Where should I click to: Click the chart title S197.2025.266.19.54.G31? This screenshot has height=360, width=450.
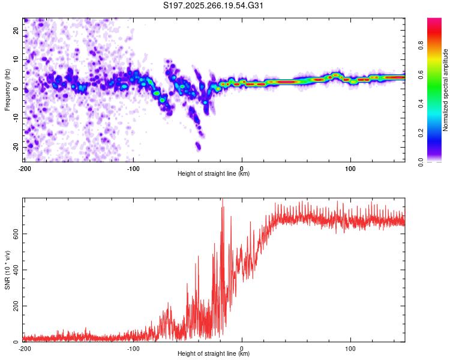[214, 6]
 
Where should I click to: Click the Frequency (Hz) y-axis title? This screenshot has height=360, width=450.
[7, 89]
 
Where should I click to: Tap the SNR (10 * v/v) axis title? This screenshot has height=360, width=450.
[7, 269]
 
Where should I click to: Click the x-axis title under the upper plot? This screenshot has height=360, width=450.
[214, 173]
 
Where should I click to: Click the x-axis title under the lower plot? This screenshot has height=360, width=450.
[214, 353]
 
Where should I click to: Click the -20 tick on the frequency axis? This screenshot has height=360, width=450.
[14, 147]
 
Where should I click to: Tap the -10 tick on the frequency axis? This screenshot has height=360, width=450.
[14, 118]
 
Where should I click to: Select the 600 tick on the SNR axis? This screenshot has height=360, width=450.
[13, 233]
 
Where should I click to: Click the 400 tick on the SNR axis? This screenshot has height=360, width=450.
[13, 269]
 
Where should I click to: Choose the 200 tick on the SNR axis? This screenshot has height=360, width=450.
[13, 306]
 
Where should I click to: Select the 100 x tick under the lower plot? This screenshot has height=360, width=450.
[350, 347]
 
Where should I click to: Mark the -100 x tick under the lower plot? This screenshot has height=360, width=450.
[133, 347]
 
